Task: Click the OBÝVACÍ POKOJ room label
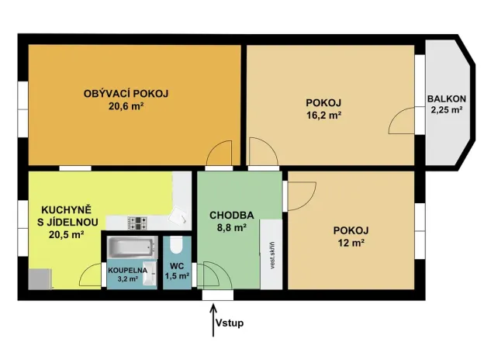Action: pyautogui.click(x=126, y=94)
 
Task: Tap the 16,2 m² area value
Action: pyautogui.click(x=324, y=115)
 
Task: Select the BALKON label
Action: pyautogui.click(x=447, y=99)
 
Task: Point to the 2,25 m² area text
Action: pyautogui.click(x=447, y=110)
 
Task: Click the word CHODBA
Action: pyautogui.click(x=228, y=215)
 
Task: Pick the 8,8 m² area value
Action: pyautogui.click(x=230, y=228)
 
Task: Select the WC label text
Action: pyautogui.click(x=176, y=266)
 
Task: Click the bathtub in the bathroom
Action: pyautogui.click(x=133, y=249)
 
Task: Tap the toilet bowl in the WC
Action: pyautogui.click(x=176, y=247)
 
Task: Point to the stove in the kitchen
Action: pyautogui.click(x=138, y=223)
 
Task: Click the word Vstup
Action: pyautogui.click(x=230, y=323)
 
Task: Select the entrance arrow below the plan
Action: pyautogui.click(x=213, y=320)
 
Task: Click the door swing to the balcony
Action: pyautogui.click(x=404, y=121)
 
